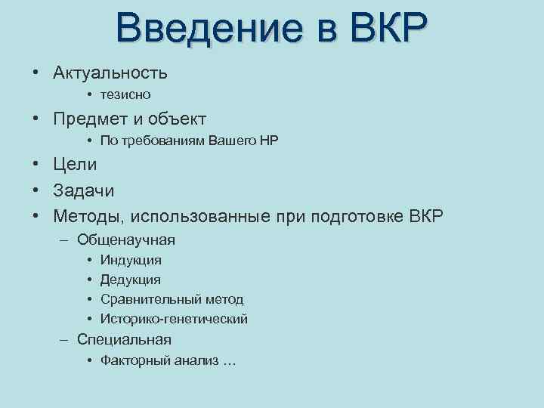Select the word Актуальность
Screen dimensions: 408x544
(110, 73)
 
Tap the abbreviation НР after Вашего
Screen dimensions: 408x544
(268, 141)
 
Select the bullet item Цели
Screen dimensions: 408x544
(75, 165)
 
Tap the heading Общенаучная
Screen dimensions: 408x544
(126, 240)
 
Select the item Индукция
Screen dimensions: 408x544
(131, 261)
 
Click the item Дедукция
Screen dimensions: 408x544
(131, 280)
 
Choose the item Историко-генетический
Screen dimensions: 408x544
(174, 320)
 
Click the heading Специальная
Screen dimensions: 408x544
(124, 340)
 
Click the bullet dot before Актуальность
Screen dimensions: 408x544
(36, 74)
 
